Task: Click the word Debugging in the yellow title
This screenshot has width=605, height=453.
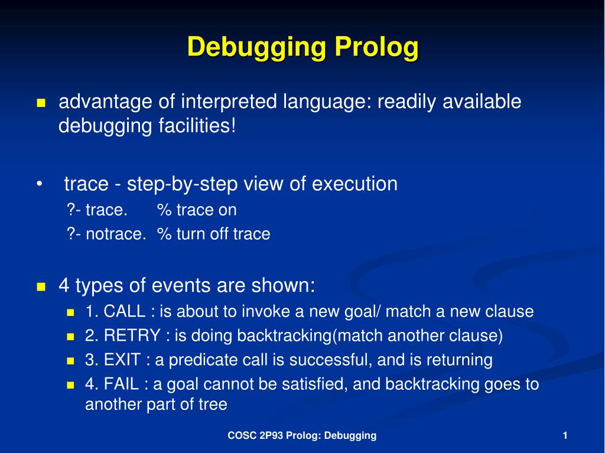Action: tap(256, 47)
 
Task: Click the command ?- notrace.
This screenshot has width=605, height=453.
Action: tap(106, 234)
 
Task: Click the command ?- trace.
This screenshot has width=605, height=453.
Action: tap(97, 210)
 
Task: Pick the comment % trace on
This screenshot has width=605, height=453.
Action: tap(197, 210)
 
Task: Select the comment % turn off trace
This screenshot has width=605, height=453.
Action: tap(213, 234)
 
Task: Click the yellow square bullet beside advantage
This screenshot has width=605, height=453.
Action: tap(41, 103)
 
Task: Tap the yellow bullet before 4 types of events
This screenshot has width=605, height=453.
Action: tap(41, 287)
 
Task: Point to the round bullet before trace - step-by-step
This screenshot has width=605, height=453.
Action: tap(39, 184)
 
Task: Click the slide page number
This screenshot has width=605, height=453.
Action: tap(565, 436)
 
